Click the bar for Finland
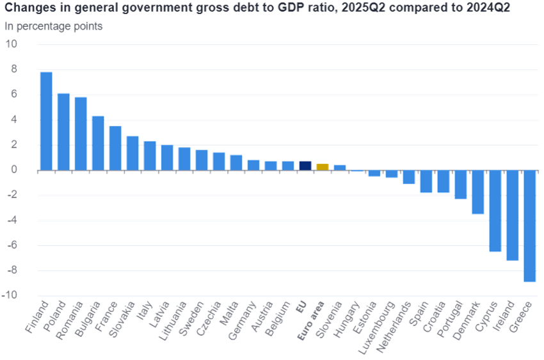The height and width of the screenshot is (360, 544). click(x=46, y=121)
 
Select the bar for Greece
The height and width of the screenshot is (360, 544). click(x=529, y=226)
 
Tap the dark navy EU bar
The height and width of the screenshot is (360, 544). click(x=305, y=165)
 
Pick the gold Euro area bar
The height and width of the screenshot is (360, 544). click(x=323, y=167)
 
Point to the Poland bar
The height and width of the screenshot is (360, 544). click(x=63, y=132)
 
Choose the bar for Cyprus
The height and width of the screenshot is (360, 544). click(x=495, y=211)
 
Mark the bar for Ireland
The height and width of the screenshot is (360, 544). click(x=512, y=216)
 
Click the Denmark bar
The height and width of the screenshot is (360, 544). click(x=477, y=192)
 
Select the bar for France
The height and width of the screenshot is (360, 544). click(x=115, y=148)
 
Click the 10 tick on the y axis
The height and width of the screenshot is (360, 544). click(x=12, y=44)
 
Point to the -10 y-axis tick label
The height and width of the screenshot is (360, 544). click(x=11, y=297)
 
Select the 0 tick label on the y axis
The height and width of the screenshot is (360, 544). click(x=13, y=170)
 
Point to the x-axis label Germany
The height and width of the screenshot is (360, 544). click(x=244, y=316)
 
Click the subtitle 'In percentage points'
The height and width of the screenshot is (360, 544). click(x=45, y=26)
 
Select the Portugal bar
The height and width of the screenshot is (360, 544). click(x=460, y=185)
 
